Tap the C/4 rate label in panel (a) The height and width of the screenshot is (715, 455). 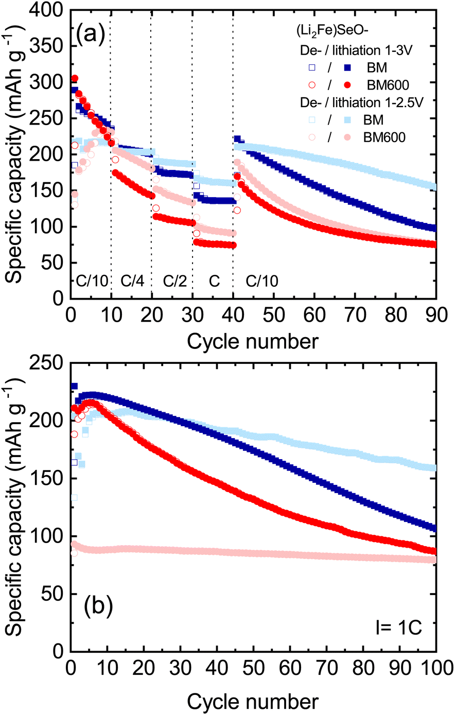133,281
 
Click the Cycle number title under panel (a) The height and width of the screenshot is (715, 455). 252,341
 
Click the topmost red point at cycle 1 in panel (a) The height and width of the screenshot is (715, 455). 75,79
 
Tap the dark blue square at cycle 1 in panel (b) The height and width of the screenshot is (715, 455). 74,386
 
